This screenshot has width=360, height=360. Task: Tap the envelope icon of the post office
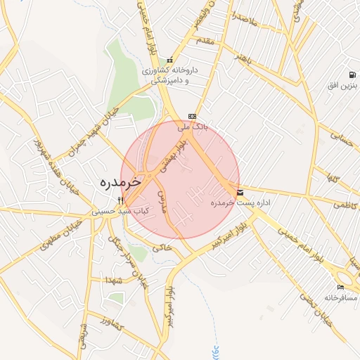click(241, 192)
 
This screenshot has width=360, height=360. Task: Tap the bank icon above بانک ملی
click(192, 117)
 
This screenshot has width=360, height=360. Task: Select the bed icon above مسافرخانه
click(341, 287)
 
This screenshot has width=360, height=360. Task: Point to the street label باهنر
click(243, 56)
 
